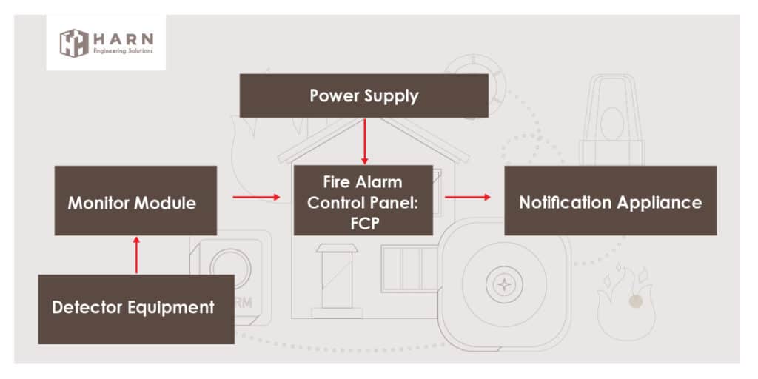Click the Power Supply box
pyautogui.click(x=363, y=95)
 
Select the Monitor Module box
pyautogui.click(x=135, y=201)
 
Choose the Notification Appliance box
pyautogui.click(x=610, y=201)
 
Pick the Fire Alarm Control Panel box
pyautogui.click(x=363, y=200)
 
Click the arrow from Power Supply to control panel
pyautogui.click(x=363, y=141)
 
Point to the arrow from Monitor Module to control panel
pyautogui.click(x=255, y=197)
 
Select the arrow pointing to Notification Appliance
pyautogui.click(x=468, y=197)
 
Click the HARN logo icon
pyautogui.click(x=74, y=42)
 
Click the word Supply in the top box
pyautogui.click(x=392, y=95)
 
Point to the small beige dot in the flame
pyautogui.click(x=634, y=301)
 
